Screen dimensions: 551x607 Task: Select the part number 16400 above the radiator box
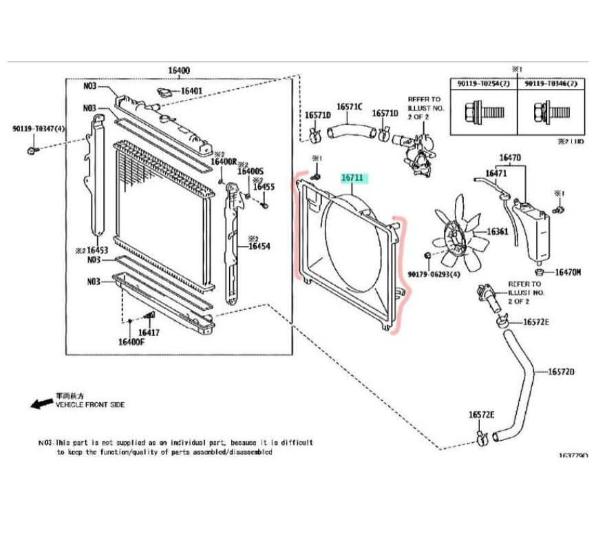click(x=179, y=71)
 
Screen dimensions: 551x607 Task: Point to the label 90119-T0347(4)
click(x=39, y=129)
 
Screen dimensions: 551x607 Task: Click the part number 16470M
click(x=568, y=272)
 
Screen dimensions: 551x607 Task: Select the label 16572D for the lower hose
click(x=561, y=372)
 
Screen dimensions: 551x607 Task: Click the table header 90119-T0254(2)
click(x=484, y=83)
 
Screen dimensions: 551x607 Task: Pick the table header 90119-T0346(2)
click(x=550, y=83)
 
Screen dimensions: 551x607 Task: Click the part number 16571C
click(x=349, y=107)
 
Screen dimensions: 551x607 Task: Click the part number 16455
click(x=264, y=187)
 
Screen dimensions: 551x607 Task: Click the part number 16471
click(x=496, y=174)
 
